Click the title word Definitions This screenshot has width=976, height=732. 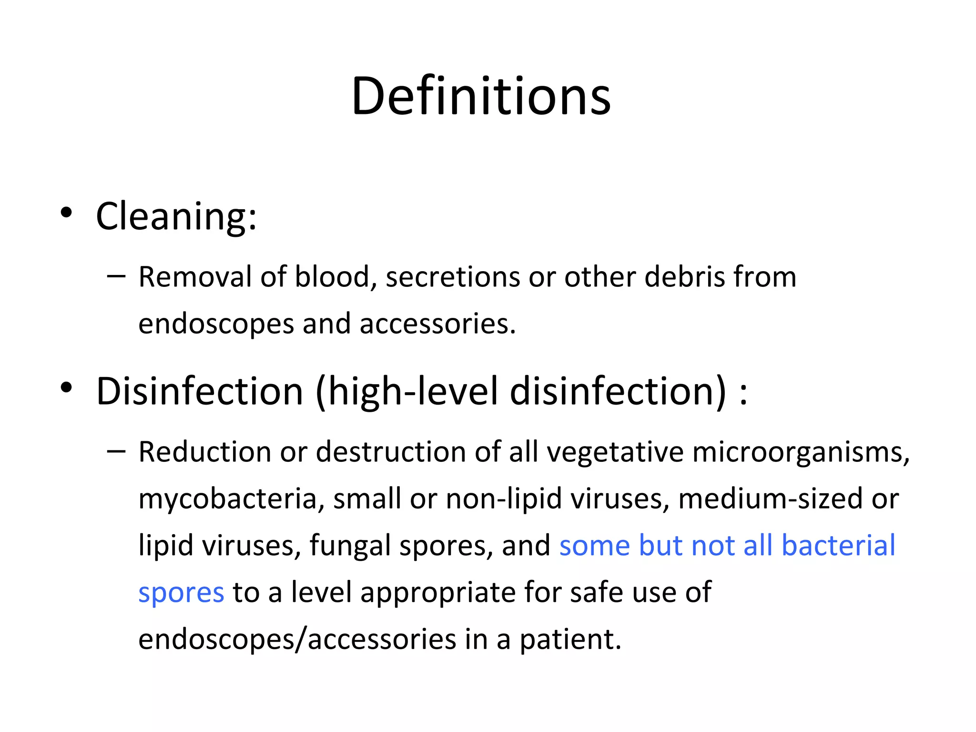click(x=481, y=97)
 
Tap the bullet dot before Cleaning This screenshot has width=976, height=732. click(x=66, y=213)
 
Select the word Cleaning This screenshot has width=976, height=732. click(x=176, y=216)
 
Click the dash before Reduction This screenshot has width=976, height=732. click(x=116, y=451)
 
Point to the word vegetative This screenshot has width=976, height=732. click(x=615, y=452)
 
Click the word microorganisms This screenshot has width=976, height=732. click(x=801, y=452)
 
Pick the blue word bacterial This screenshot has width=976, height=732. click(x=838, y=545)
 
